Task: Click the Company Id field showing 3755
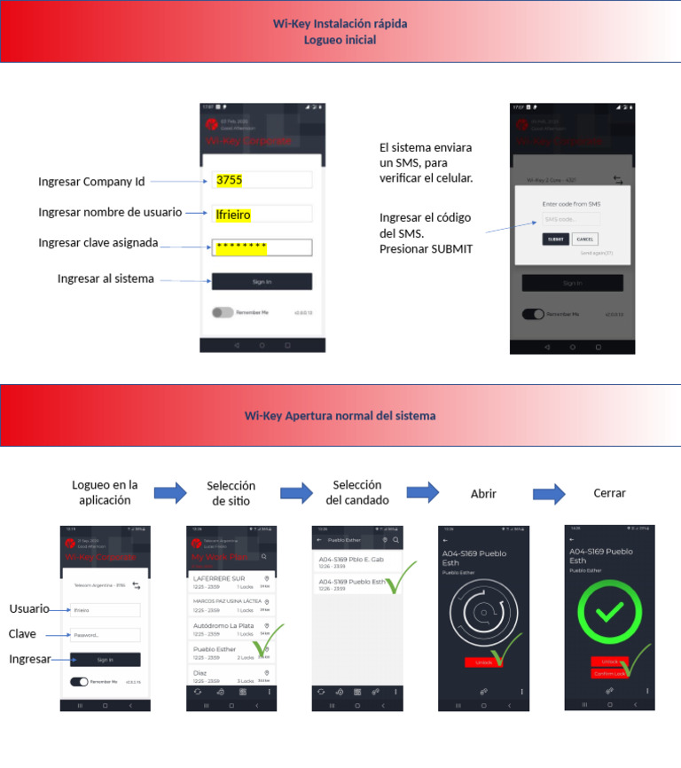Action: (262, 180)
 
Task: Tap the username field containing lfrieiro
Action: (262, 214)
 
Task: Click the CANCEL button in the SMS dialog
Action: (584, 239)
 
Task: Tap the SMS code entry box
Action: (570, 219)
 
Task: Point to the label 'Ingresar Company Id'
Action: (90, 182)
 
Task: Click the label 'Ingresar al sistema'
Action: (106, 278)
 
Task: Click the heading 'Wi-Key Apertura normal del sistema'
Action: (340, 415)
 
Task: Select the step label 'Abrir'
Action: (483, 494)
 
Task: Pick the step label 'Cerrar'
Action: (609, 493)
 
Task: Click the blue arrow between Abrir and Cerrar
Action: (549, 493)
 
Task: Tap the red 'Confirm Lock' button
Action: (609, 674)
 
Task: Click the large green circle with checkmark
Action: (609, 613)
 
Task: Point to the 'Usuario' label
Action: (28, 609)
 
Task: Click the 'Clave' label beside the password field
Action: (22, 634)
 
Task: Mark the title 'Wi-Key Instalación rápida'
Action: (340, 24)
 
